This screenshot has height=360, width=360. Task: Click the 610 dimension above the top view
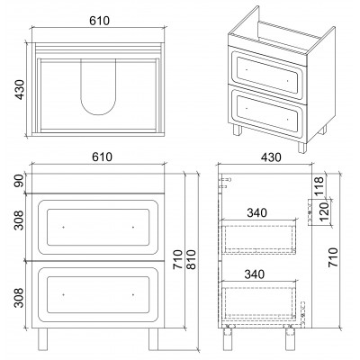(100, 21)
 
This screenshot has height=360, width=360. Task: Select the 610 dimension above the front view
(102, 157)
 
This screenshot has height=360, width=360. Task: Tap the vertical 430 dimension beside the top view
(20, 89)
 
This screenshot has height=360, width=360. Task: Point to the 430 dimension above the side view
(271, 157)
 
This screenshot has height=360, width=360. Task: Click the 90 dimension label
(20, 181)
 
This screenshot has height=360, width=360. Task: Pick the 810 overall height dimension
(191, 259)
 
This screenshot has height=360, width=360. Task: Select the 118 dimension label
(319, 186)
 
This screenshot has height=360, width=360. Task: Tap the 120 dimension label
(325, 211)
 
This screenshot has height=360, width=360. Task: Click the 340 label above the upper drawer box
(256, 212)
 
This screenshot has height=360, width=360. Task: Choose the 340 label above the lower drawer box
(255, 274)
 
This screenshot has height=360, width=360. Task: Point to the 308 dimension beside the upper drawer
(19, 220)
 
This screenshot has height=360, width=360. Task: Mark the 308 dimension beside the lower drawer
(19, 298)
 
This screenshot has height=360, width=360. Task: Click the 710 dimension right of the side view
(333, 257)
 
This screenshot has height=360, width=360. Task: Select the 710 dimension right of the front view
(178, 259)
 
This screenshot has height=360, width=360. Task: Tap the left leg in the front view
(42, 339)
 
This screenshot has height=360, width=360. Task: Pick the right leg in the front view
(153, 339)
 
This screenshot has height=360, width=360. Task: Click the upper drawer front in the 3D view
(267, 73)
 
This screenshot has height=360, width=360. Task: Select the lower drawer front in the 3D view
(267, 113)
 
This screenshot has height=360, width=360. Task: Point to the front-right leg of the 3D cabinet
(302, 148)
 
